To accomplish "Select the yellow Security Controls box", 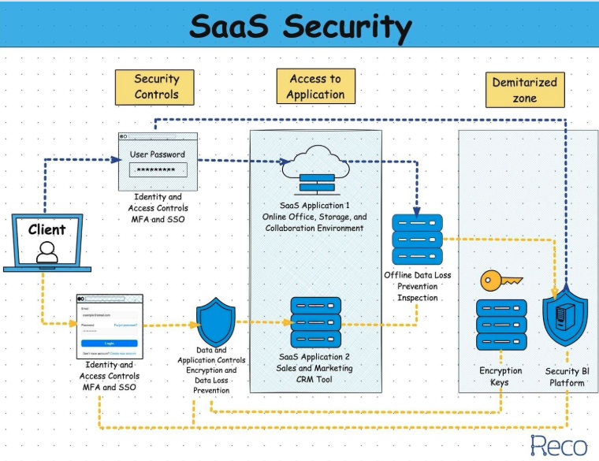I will click(x=157, y=87).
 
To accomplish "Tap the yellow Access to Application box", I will click(x=316, y=87).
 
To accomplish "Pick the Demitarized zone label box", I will click(x=524, y=90).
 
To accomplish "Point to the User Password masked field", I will click(x=158, y=169).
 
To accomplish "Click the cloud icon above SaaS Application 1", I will click(x=316, y=158).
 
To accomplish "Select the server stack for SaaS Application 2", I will click(x=315, y=323).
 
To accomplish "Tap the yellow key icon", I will click(x=497, y=279).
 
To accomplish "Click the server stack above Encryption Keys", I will click(x=501, y=325).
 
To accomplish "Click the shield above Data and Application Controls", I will click(x=215, y=322).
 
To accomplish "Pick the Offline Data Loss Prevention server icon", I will click(x=418, y=239).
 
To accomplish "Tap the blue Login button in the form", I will click(x=110, y=343).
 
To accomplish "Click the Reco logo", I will click(x=559, y=445).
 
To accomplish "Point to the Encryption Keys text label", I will click(x=500, y=377).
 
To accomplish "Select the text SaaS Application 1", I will click(x=315, y=205).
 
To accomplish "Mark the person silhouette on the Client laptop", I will click(x=47, y=252).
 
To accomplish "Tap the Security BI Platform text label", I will click(x=565, y=377).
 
